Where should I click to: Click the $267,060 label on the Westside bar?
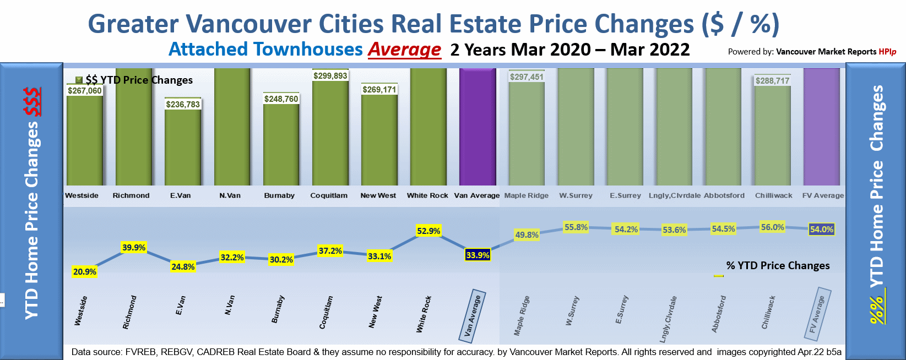pos(85,91)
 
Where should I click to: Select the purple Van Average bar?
pos(478,127)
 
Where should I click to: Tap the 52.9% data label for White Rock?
pos(428,231)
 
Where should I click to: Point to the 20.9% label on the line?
pos(85,271)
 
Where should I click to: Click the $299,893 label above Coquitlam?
pos(330,76)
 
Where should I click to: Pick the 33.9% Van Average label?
pos(478,255)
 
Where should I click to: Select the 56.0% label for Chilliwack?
pos(772,227)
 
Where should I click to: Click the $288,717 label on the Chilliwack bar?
pos(772,81)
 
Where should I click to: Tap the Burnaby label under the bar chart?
pos(279,195)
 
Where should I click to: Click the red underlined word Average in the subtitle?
pos(404,50)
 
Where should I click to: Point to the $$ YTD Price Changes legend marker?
pos(79,80)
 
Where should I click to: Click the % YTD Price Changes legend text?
pos(778,265)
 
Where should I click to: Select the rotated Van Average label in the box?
pos(473,315)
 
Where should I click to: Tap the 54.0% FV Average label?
pos(822,230)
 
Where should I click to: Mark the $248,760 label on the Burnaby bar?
pos(281,99)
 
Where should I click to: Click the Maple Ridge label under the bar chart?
pos(526,195)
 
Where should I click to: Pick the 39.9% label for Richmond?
pos(134,248)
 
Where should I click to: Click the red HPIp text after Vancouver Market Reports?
pos(887,52)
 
